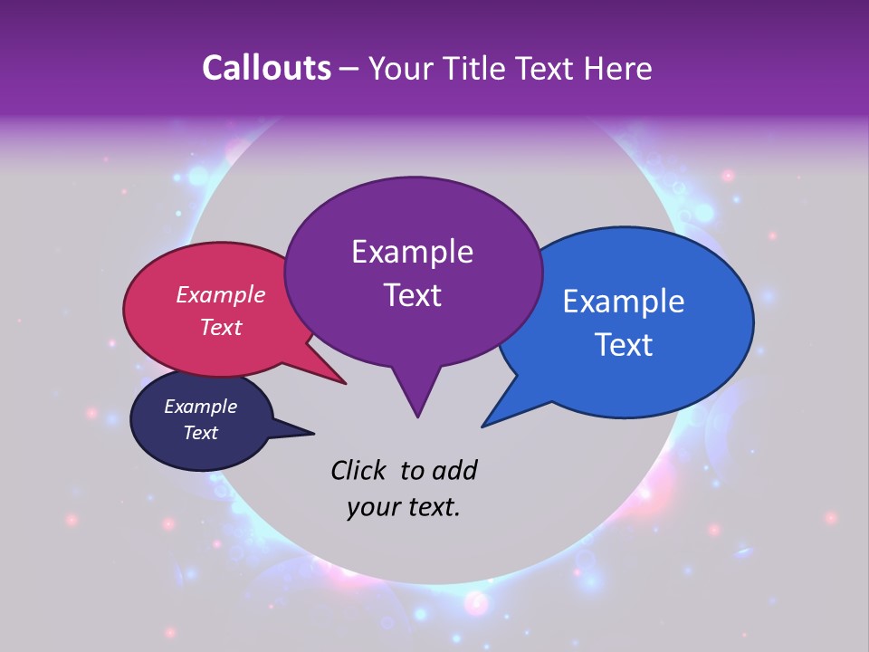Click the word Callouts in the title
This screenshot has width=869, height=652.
[x=266, y=68]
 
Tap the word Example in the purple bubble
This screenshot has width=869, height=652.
[x=412, y=252]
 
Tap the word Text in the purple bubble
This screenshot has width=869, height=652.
[x=412, y=295]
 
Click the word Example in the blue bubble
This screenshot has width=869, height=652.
[x=624, y=302]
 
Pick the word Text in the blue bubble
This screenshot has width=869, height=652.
[x=624, y=345]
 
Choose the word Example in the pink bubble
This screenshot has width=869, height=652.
[x=221, y=294]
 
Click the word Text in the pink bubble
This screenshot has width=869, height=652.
[x=221, y=328]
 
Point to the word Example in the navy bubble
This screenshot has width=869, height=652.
[x=200, y=407]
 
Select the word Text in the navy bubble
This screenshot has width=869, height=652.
[x=200, y=433]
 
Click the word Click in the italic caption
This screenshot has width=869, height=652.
[x=358, y=470]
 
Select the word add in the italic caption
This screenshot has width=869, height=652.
[x=454, y=470]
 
